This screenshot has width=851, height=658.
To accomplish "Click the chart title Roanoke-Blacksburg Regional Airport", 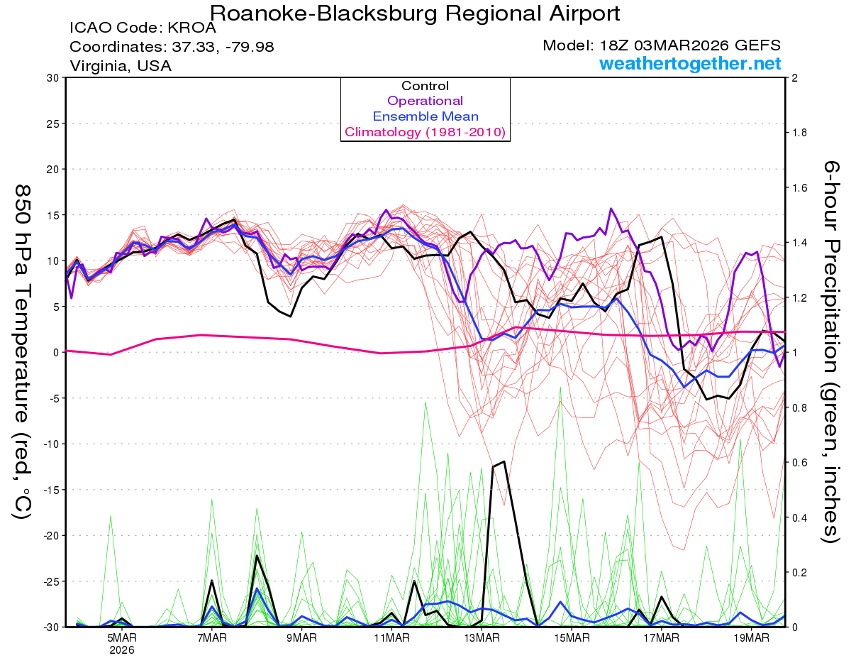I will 415,13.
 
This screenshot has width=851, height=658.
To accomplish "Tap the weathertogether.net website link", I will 690,64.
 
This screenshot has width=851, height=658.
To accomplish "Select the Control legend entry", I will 425,86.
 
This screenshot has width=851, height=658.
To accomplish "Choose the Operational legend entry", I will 425,101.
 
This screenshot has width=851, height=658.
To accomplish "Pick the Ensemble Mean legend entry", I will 425,116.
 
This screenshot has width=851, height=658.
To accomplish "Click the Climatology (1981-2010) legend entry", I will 425,132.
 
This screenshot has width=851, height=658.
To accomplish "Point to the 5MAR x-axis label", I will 122,637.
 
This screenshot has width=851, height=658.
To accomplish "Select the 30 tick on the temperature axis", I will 52,78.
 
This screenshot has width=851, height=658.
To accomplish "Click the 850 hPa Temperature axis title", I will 23,351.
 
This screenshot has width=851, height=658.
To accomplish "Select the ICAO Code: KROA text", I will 143,29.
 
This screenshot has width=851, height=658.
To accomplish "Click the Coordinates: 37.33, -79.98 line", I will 172,47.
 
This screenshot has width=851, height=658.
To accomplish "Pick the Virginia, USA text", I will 120,65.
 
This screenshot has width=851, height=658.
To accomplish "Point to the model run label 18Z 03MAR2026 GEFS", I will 662,45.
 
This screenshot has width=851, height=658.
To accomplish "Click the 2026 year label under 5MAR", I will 122,649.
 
